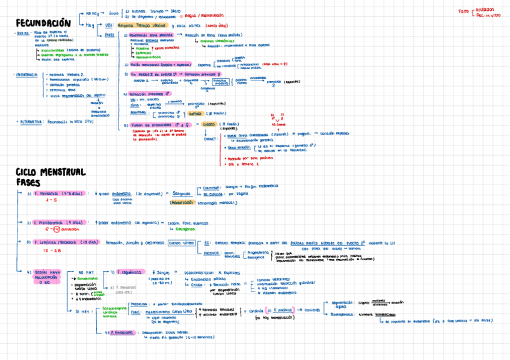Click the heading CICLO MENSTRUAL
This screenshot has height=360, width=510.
click(x=51, y=172)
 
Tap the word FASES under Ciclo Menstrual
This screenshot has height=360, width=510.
click(x=29, y=182)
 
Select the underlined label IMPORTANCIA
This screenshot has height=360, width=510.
click(x=26, y=75)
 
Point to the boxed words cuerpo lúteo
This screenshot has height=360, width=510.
click(x=181, y=243)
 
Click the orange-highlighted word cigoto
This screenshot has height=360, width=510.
click(x=209, y=124)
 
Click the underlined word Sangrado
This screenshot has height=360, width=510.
click(x=181, y=194)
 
